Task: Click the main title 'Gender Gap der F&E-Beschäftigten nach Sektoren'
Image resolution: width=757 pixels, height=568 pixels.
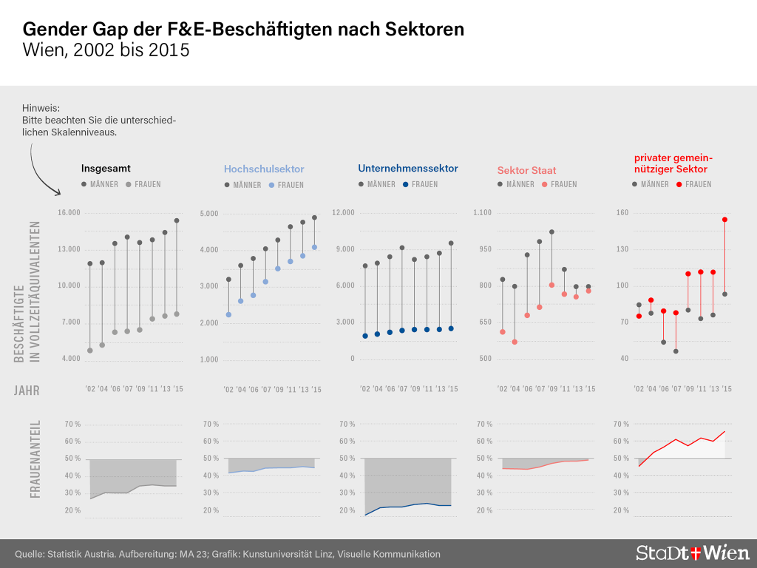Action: tap(243, 30)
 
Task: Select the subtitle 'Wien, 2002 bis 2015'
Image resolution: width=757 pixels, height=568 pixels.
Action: tap(106, 51)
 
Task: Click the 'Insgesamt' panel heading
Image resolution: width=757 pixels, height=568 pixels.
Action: tap(106, 169)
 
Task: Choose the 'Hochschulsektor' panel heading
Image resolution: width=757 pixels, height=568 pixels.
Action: tap(264, 169)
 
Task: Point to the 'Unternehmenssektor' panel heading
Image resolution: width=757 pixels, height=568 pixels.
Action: tap(408, 169)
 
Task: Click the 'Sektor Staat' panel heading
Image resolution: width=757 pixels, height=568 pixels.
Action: tap(526, 170)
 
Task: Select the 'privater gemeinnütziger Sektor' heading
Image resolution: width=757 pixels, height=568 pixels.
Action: tap(673, 163)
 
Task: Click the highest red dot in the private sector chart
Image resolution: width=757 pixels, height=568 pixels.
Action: tap(724, 220)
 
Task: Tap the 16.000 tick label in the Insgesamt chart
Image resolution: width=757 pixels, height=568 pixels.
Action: tap(69, 213)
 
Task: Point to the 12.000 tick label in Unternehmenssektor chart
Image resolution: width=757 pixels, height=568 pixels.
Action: tap(344, 213)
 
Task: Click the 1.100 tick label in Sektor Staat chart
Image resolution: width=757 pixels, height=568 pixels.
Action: tap(481, 213)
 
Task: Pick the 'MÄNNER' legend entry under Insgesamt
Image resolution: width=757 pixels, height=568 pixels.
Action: tap(99, 184)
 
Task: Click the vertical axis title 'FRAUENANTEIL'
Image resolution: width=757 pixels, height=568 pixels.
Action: tap(35, 459)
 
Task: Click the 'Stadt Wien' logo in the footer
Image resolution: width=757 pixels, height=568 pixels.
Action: tap(692, 552)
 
